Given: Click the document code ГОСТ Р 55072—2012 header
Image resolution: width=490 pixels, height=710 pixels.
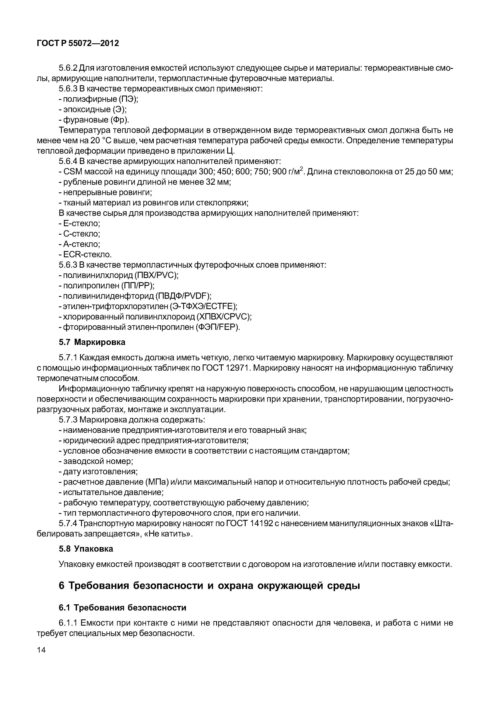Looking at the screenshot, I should point(77,43).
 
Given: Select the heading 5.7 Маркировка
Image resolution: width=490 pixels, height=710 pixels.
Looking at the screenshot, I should point(92,342).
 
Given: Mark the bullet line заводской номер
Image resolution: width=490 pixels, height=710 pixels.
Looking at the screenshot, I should point(98,461).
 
